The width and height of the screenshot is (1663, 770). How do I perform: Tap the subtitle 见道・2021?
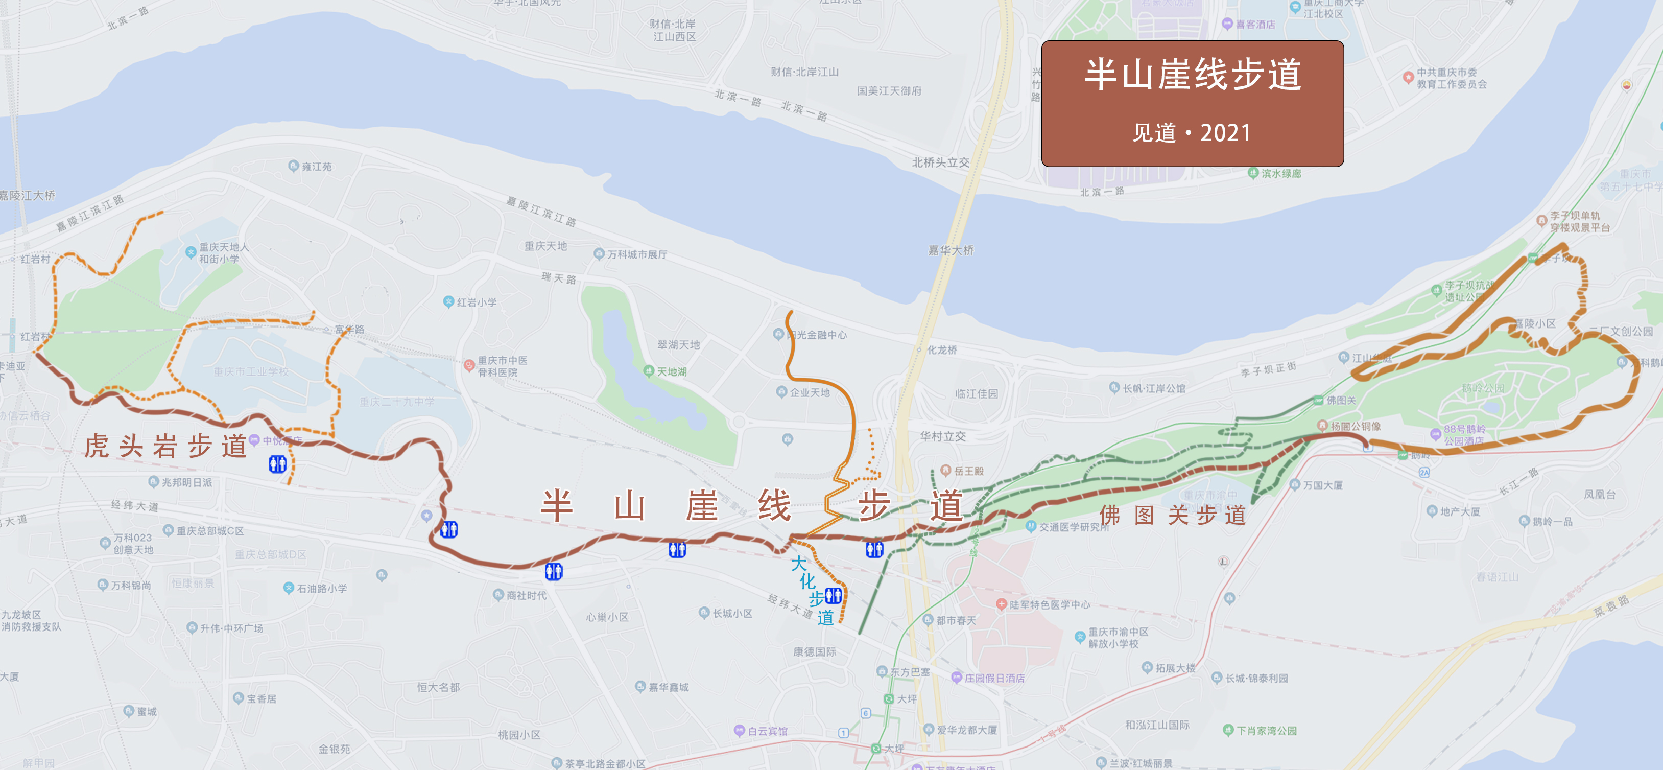(x=1193, y=133)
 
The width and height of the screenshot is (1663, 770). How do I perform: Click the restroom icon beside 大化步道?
(x=834, y=596)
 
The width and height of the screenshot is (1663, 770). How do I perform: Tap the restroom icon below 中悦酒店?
(x=278, y=464)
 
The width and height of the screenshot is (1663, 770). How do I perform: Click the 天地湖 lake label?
(x=672, y=372)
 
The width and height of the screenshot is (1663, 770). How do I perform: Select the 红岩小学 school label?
(x=477, y=302)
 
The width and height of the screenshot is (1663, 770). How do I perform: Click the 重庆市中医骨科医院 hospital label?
(x=502, y=366)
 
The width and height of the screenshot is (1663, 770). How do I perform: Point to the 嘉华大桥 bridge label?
(x=951, y=250)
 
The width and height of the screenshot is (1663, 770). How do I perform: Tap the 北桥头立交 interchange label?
(x=941, y=163)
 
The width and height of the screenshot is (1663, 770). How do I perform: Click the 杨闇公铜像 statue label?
(x=1355, y=426)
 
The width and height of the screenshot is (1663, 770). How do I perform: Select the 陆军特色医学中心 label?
(x=1049, y=604)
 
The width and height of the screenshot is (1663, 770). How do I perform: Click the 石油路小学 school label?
(x=321, y=589)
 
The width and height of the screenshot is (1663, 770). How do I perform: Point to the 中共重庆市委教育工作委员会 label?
(x=1451, y=78)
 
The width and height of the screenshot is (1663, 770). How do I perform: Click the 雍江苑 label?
(x=316, y=167)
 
